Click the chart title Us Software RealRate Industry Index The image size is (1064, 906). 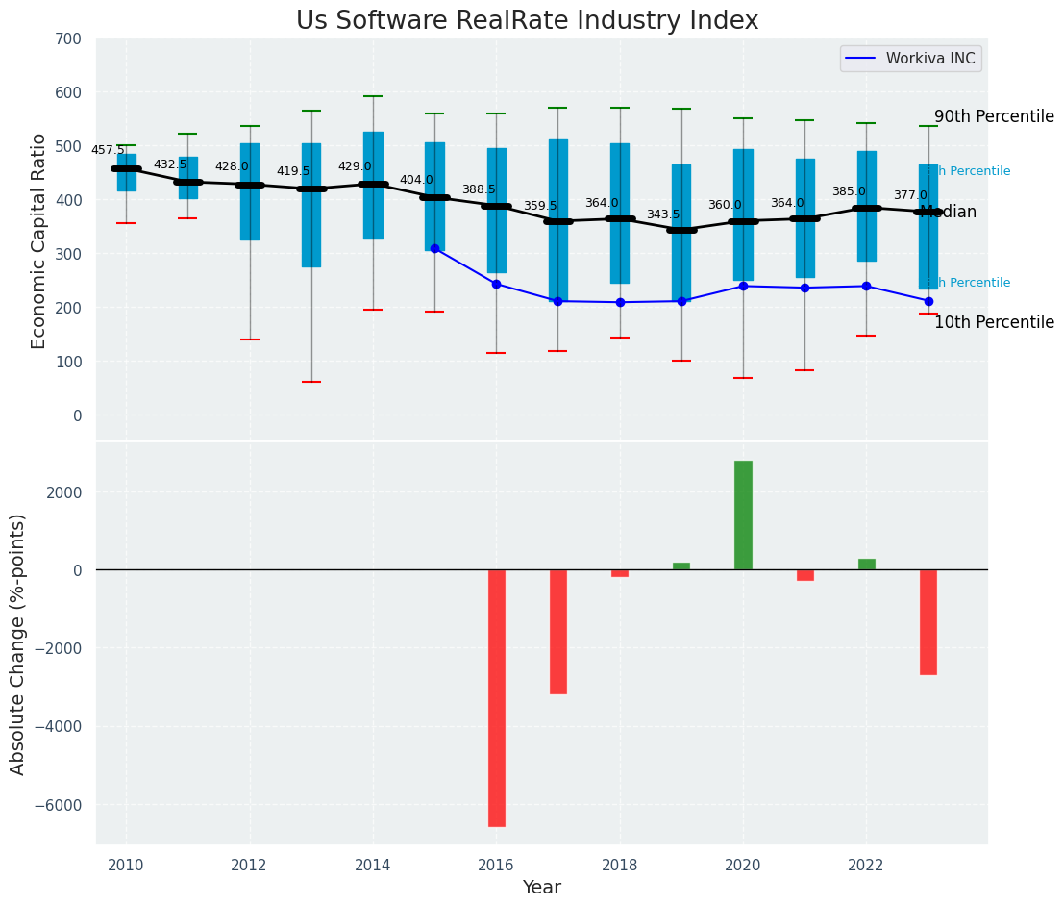point(527,21)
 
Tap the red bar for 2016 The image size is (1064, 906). point(496,697)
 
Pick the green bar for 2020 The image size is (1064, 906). point(743,516)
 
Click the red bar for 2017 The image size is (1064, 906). point(557,631)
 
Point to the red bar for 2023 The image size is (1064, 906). point(928,621)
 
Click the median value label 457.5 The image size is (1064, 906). point(108,150)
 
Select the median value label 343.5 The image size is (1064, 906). point(662,214)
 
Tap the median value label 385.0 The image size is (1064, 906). point(848,191)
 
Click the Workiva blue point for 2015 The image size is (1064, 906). point(434,248)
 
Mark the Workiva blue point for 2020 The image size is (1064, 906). point(743,286)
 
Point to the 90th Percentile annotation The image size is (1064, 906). point(994,116)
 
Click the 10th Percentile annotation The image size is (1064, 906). point(994,323)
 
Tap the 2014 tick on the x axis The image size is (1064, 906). point(373,866)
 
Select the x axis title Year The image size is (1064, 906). point(541,887)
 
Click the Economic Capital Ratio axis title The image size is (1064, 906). point(39,240)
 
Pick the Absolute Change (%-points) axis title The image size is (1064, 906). point(18,643)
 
